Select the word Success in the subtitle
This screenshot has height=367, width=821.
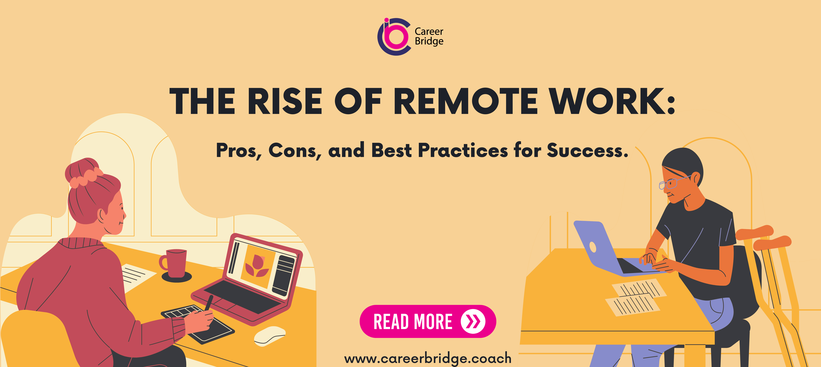point(587,150)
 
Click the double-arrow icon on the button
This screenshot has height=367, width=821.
point(473,321)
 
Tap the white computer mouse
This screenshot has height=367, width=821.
point(269,336)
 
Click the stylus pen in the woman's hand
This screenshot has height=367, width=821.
point(209,303)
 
